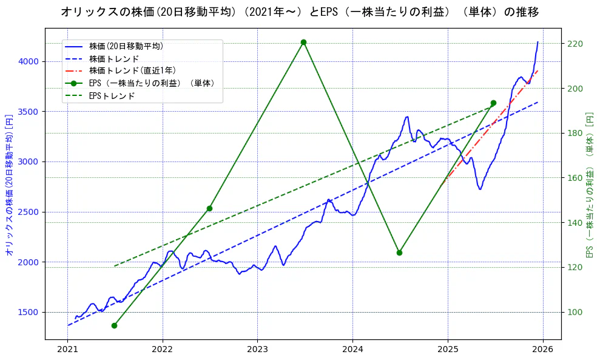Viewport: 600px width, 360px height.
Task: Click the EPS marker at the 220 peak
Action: pos(303,42)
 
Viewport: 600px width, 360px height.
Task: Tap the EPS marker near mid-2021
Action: pos(114,325)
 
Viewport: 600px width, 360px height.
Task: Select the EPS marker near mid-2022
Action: pos(209,208)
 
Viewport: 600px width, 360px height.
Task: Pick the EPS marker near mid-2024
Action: pos(399,253)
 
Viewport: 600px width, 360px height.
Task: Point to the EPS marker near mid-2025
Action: pos(493,103)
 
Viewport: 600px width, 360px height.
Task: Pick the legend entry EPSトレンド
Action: pos(112,95)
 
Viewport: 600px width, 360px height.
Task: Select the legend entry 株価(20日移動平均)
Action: pos(126,46)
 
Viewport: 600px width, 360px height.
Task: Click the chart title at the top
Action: pos(300,12)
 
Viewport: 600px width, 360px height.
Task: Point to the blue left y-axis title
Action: pos(9,184)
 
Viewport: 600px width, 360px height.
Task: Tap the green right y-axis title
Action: pos(589,184)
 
